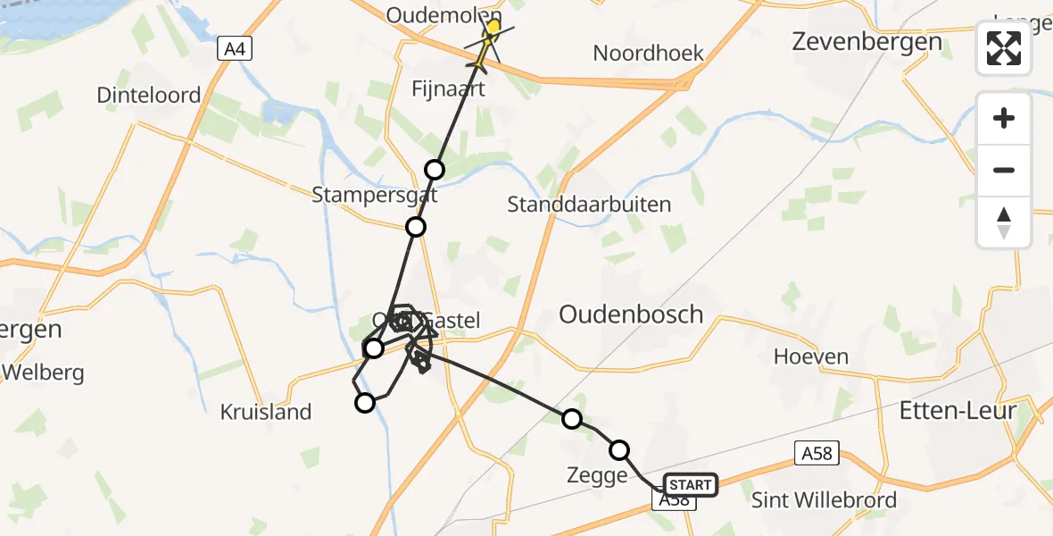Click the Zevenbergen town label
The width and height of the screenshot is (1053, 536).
(x=866, y=42)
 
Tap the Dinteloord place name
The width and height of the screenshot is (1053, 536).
(x=148, y=95)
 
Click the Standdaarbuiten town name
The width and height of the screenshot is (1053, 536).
(x=589, y=205)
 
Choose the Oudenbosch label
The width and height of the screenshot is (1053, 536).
(x=631, y=314)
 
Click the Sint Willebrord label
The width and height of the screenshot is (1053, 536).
(x=824, y=499)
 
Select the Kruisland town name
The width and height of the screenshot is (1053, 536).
(x=266, y=412)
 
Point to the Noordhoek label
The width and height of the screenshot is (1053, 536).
(x=649, y=53)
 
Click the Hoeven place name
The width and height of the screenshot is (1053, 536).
(x=811, y=356)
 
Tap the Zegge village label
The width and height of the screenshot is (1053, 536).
(x=597, y=476)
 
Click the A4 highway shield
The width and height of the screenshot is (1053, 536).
(x=235, y=49)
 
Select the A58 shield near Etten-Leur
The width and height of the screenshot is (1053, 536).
(x=816, y=454)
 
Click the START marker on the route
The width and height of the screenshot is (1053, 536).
(x=690, y=485)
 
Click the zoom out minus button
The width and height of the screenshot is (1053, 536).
(x=1004, y=171)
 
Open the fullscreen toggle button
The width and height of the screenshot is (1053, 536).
(x=1004, y=48)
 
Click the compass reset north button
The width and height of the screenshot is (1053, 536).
(x=1004, y=222)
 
